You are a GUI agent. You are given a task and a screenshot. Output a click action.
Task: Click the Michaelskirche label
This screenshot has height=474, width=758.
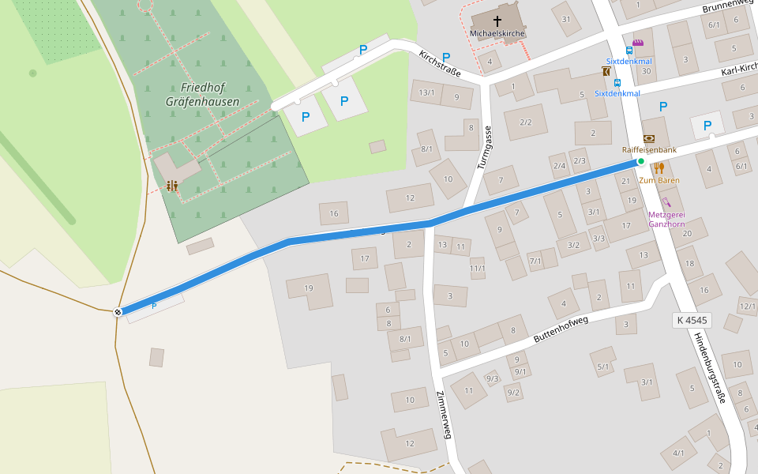[x=497, y=33]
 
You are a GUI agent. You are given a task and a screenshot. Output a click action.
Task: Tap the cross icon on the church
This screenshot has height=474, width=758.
[x=497, y=21]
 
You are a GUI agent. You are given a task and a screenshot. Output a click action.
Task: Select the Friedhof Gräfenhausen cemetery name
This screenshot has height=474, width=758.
[x=202, y=94]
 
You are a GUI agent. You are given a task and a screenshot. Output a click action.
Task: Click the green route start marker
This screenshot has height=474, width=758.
[x=641, y=161]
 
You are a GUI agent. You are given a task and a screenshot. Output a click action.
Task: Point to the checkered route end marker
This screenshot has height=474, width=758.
[x=118, y=311]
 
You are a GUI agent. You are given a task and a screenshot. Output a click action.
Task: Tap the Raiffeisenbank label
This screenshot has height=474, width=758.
[x=649, y=149]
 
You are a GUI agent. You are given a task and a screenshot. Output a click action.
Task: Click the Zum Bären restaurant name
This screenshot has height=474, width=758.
[x=659, y=180]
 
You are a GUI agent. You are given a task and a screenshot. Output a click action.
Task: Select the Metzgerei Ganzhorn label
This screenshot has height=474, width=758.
[x=666, y=219]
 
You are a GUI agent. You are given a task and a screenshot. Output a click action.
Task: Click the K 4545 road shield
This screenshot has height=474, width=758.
[x=692, y=320]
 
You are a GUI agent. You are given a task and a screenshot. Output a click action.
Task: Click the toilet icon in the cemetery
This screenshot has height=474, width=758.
[x=171, y=186]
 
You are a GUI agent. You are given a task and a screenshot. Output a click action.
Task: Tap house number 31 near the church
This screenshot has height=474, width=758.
[x=565, y=19]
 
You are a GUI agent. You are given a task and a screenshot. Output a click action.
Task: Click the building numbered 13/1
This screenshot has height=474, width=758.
[x=426, y=92]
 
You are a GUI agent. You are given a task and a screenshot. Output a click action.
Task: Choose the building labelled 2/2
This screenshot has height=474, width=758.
[x=526, y=122]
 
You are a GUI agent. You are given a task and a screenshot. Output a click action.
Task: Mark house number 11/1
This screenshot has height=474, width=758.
[x=477, y=268]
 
